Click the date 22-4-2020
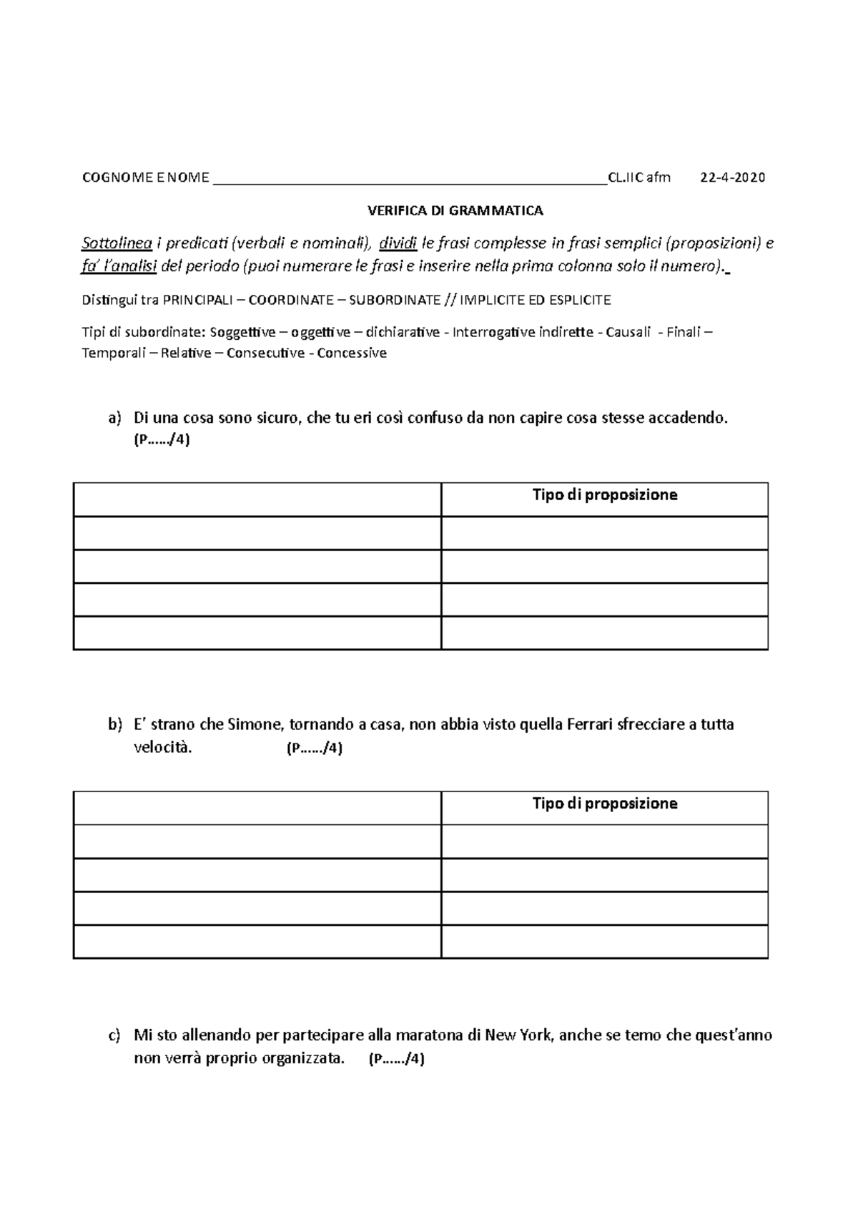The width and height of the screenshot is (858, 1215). (732, 177)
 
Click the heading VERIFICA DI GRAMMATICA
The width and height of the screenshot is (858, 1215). (455, 210)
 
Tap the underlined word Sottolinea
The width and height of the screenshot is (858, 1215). (117, 243)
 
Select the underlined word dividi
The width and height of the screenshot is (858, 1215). (398, 243)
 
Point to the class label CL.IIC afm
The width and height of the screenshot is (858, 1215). (638, 177)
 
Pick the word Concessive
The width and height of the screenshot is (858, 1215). (352, 353)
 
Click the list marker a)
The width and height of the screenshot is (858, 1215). (115, 418)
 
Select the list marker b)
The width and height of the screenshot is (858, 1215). (115, 724)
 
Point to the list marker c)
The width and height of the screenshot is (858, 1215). (114, 1035)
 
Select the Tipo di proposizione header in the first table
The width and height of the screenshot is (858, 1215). (604, 495)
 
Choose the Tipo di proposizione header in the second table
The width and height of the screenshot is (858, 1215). (604, 804)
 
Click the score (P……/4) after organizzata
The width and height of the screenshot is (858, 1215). (396, 1060)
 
